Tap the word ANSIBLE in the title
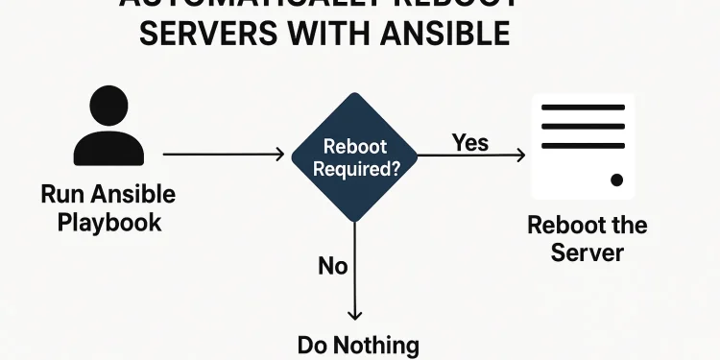tap(436, 35)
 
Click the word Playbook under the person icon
tap(108, 222)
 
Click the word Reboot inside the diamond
tap(355, 147)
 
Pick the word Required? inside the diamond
tap(355, 166)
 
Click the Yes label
tap(470, 143)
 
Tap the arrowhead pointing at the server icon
tap(519, 155)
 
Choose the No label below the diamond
tap(332, 266)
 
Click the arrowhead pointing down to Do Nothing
tap(355, 314)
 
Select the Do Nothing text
tap(358, 345)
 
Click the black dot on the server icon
tap(617, 180)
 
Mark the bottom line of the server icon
tap(584, 146)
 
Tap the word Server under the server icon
tap(587, 253)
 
